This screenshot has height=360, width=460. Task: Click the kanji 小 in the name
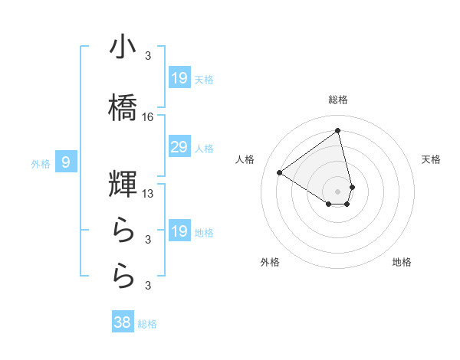[123, 47]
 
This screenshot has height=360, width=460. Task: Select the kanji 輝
[123, 185]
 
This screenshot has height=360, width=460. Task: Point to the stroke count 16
[149, 117]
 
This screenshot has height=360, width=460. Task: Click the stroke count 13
[149, 194]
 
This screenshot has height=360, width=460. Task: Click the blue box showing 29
[179, 148]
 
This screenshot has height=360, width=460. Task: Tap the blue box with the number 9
[67, 162]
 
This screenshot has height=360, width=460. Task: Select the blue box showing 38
[123, 323]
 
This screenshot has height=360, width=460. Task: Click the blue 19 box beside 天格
[179, 78]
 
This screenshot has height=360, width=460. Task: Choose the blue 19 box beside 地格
[179, 232]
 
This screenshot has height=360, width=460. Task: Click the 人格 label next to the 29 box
[204, 149]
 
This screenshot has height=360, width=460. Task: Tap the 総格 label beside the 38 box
[147, 324]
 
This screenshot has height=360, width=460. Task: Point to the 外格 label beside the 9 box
[41, 163]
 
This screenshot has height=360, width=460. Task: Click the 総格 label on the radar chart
[338, 100]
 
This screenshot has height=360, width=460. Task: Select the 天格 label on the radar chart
[432, 159]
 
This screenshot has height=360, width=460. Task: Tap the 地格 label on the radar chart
[402, 262]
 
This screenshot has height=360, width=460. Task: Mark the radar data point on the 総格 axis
[338, 130]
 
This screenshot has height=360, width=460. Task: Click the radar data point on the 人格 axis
[280, 172]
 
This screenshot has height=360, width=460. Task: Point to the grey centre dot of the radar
[338, 191]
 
